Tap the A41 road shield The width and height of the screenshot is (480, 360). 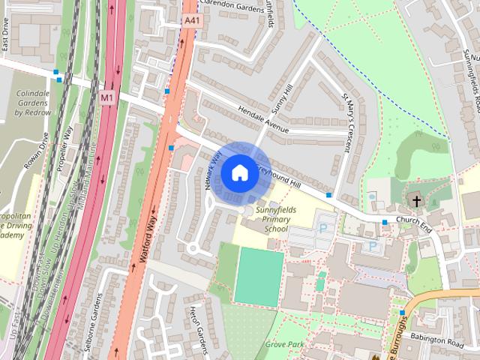click(192, 22)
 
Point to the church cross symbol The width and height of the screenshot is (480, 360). click(416, 179)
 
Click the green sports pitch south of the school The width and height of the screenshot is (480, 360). click(259, 277)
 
